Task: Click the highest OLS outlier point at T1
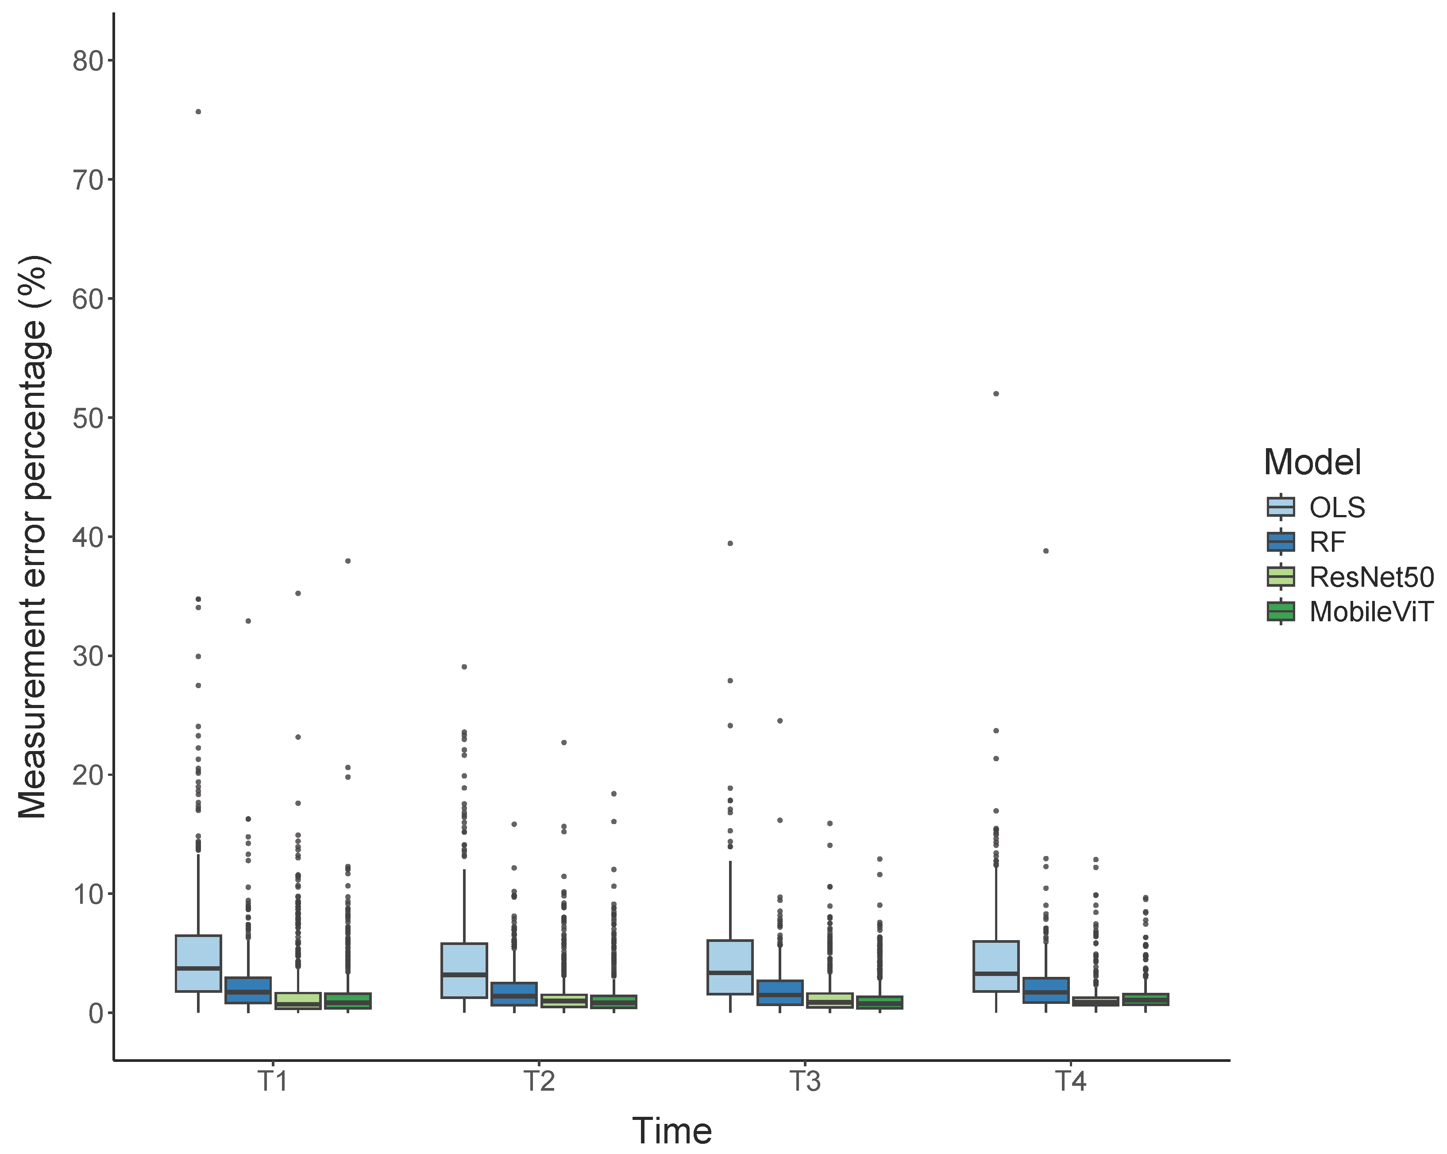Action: (198, 112)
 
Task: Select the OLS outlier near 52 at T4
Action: (996, 393)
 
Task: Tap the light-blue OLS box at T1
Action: (198, 963)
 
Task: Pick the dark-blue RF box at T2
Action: (514, 994)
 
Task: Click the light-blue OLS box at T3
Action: (730, 967)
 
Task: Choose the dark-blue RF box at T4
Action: (1046, 990)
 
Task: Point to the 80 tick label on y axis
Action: (88, 61)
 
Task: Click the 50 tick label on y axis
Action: (88, 418)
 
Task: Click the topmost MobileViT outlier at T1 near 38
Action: (347, 561)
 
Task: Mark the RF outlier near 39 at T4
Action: (1046, 550)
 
